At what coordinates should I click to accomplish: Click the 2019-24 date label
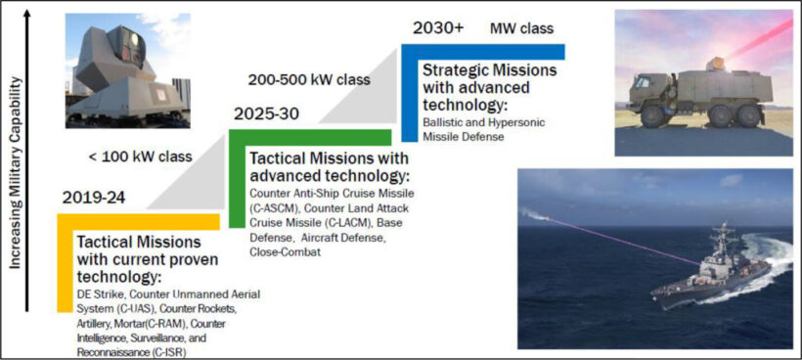pos(94,197)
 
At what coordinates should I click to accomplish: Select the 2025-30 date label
pos(266,113)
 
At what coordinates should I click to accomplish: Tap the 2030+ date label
pos(438,28)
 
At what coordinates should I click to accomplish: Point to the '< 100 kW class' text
pos(141,156)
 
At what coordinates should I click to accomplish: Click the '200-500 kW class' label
pos(309,80)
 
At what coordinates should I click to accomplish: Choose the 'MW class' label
pos(521,28)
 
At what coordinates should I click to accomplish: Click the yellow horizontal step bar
pos(139,221)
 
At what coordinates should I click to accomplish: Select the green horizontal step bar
pos(310,138)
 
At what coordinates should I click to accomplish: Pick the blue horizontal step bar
pos(483,52)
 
